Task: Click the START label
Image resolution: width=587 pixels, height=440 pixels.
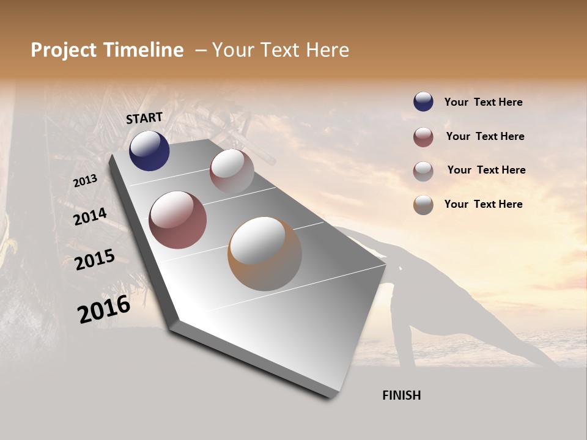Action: pos(144,118)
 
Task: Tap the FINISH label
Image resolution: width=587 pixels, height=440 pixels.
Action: pos(401,395)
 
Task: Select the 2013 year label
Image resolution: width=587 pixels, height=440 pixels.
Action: pos(85,181)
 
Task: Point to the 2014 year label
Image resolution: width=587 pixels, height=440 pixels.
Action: pos(90,217)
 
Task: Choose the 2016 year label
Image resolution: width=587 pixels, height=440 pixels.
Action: pos(104,309)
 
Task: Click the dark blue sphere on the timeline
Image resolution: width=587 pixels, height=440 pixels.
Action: pos(149,151)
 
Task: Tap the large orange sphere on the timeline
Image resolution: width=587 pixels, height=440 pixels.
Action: pos(265,254)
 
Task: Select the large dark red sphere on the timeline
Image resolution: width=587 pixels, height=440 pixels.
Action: pos(178,220)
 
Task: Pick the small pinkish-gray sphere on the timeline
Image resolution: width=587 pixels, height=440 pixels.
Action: pos(232,171)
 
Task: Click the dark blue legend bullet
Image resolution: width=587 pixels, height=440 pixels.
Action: pos(423,102)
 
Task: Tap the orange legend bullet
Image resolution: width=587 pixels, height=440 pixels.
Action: pos(423,205)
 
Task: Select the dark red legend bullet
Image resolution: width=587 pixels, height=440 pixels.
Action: pos(423,137)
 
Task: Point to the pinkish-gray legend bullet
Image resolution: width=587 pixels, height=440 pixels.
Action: pos(423,171)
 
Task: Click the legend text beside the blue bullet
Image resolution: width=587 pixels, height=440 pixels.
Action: pos(483,102)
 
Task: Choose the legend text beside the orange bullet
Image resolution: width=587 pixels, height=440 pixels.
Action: pos(483,204)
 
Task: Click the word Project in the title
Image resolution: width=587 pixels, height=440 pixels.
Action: pos(63,50)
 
